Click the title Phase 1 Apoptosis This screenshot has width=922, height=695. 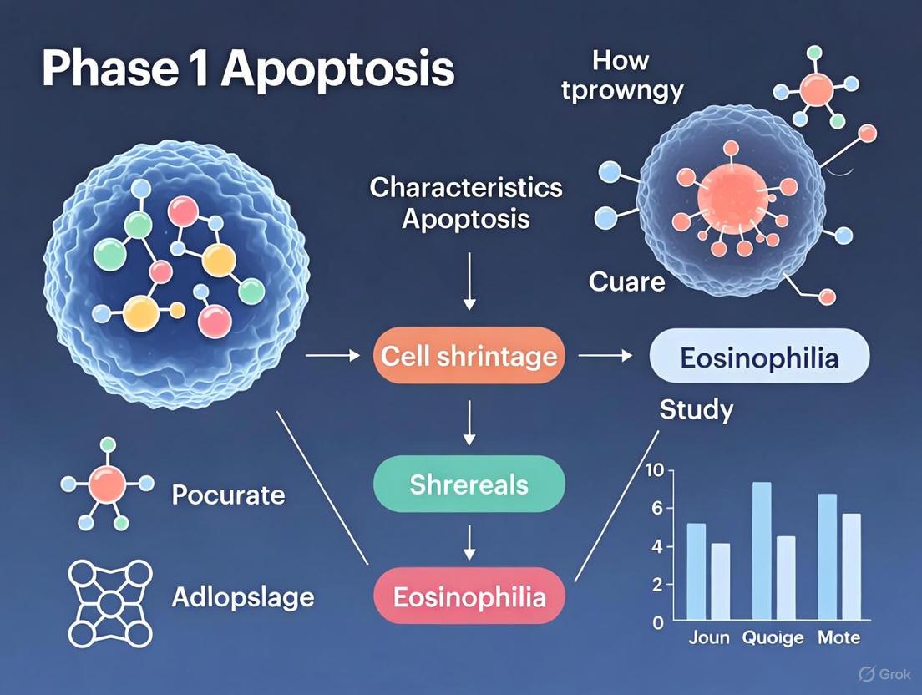point(248,69)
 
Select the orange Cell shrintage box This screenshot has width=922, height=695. point(469,357)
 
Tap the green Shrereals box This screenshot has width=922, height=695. point(469,484)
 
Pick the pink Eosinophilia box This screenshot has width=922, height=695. point(469,596)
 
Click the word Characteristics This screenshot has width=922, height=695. point(466,187)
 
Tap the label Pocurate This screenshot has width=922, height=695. point(228,495)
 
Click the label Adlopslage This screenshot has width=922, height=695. point(242,597)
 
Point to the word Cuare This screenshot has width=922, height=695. point(627,282)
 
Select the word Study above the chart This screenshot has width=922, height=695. point(696,410)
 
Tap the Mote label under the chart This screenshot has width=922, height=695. point(838,638)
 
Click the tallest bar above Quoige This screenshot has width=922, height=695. point(761,552)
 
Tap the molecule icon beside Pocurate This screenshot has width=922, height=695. point(107,484)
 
